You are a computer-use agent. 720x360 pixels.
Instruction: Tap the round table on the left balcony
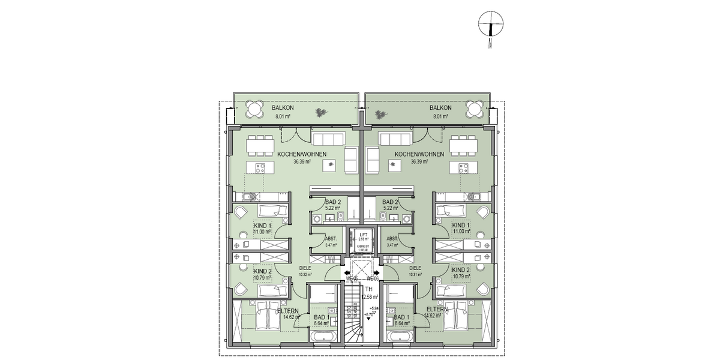coord(254,109)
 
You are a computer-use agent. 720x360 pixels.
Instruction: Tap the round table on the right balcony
coord(475,109)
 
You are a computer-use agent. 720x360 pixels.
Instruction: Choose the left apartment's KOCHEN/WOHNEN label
coord(302,154)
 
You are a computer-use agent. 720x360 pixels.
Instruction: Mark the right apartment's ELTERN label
coord(436,309)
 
